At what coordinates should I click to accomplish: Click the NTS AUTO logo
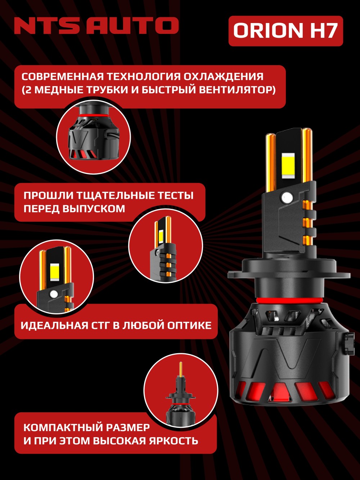pyautogui.click(x=96, y=26)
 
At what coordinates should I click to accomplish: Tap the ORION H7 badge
pyautogui.click(x=286, y=31)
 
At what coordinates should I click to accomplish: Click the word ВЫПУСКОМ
pyautogui.click(x=94, y=208)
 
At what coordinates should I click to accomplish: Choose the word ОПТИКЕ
pyautogui.click(x=189, y=326)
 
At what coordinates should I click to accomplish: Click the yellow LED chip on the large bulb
pyautogui.click(x=288, y=164)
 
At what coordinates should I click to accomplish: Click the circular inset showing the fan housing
pyautogui.click(x=94, y=137)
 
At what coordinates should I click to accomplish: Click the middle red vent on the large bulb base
pyautogui.click(x=283, y=396)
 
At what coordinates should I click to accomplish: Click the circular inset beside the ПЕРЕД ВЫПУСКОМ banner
pyautogui.click(x=166, y=245)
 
